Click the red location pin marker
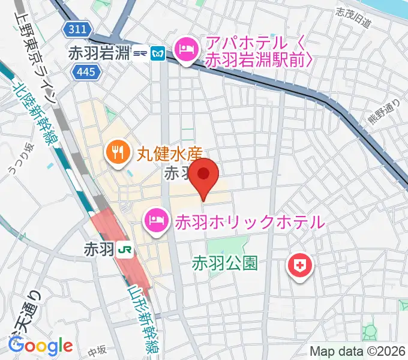coord(204,175)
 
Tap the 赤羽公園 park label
coord(225,263)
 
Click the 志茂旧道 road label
coord(354,18)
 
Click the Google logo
coord(40,346)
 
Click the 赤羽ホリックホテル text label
coord(249,223)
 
